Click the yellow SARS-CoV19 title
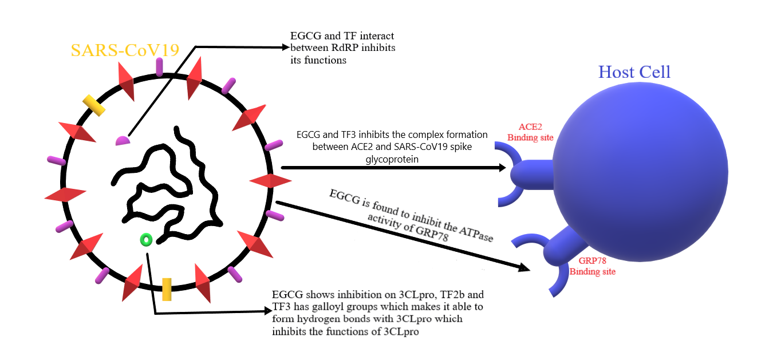(x=125, y=50)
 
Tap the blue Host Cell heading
(x=634, y=72)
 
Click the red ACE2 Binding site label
(x=531, y=132)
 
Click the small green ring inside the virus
(x=145, y=239)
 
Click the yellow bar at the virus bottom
(x=167, y=289)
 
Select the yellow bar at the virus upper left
(x=93, y=105)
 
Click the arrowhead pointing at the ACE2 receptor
(x=502, y=168)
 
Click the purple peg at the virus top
(x=159, y=66)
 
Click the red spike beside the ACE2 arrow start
(x=270, y=181)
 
